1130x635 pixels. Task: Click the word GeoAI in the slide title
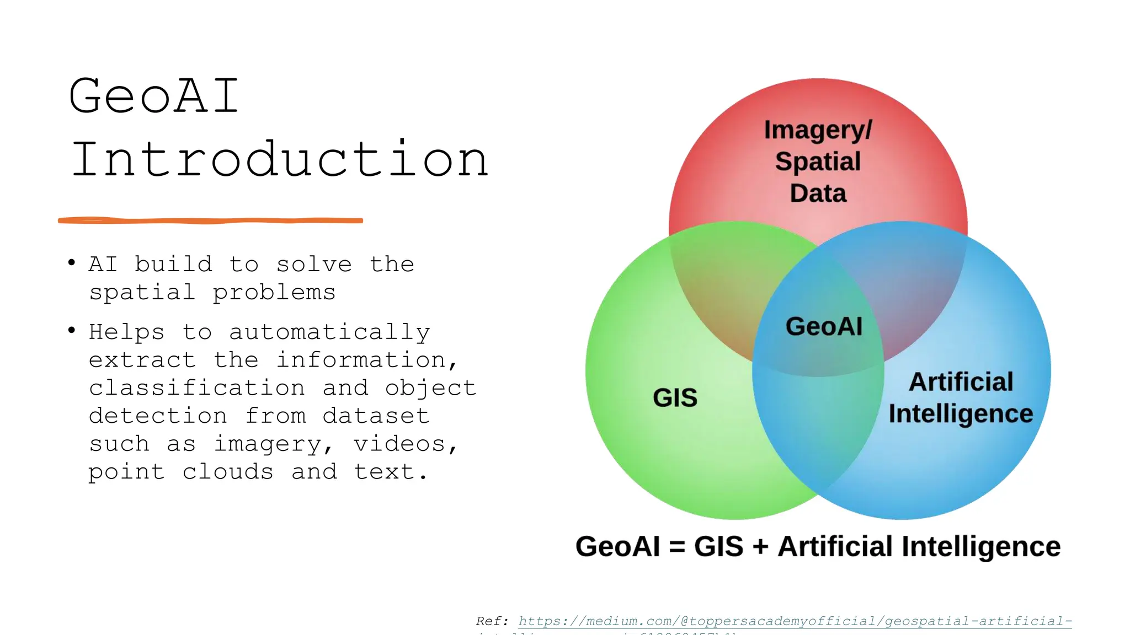pyautogui.click(x=154, y=96)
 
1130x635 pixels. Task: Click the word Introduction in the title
pyautogui.click(x=280, y=160)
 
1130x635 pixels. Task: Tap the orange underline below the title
pyautogui.click(x=210, y=220)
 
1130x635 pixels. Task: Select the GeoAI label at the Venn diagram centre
pyautogui.click(x=824, y=326)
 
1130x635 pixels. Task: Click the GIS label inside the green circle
pyautogui.click(x=675, y=397)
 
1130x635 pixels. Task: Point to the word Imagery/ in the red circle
pyautogui.click(x=818, y=131)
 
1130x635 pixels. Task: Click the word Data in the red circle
pyautogui.click(x=818, y=193)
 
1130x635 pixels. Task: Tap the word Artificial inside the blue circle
pyautogui.click(x=961, y=381)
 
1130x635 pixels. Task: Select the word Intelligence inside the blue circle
pyautogui.click(x=961, y=413)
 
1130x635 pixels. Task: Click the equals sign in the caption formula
pyautogui.click(x=677, y=547)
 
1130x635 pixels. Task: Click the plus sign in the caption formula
pyautogui.click(x=760, y=547)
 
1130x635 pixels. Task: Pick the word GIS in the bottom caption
pyautogui.click(x=718, y=546)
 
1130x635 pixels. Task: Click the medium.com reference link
pyautogui.click(x=795, y=621)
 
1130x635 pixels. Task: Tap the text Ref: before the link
pyautogui.click(x=492, y=621)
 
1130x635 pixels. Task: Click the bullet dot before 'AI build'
pyautogui.click(x=72, y=262)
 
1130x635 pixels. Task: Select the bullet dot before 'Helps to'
pyautogui.click(x=72, y=330)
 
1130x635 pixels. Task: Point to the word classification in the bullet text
pyautogui.click(x=197, y=388)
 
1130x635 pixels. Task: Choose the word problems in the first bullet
pyautogui.click(x=274, y=293)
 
